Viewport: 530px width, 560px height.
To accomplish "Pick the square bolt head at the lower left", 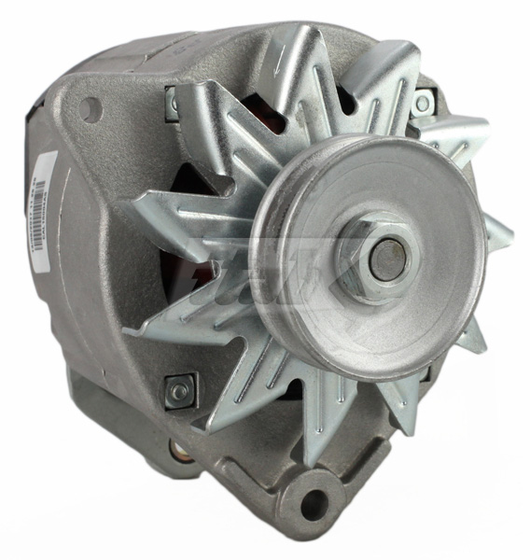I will point(177,389).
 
